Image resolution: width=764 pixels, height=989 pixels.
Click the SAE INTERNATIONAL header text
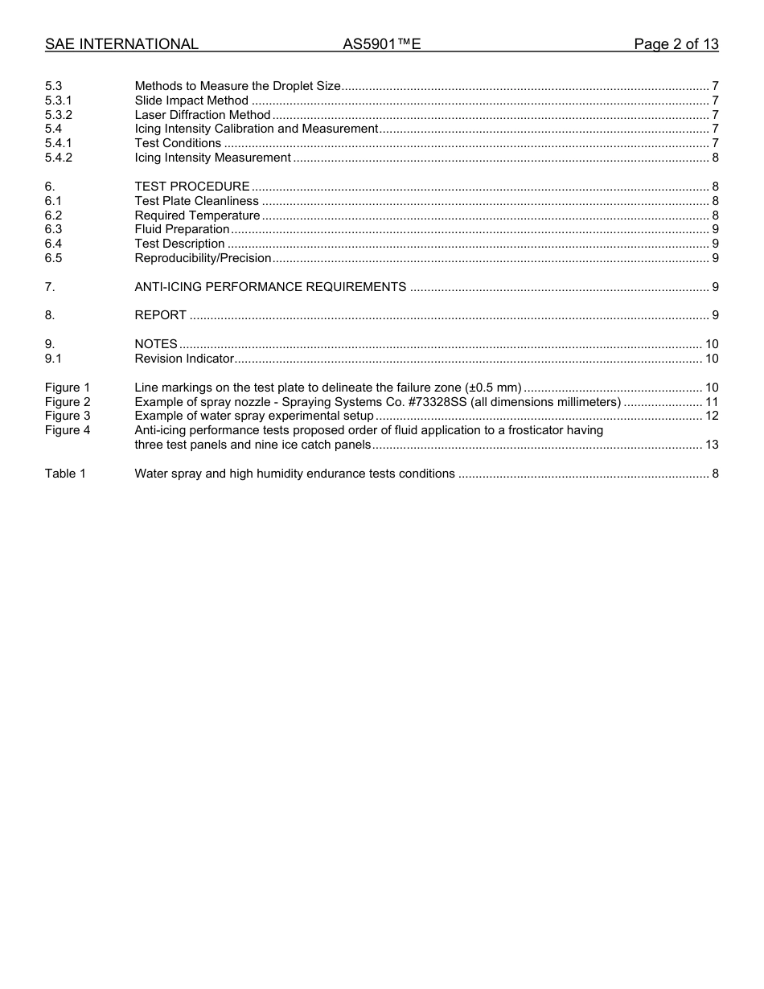121,44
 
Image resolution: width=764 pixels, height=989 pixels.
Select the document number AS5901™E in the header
382,44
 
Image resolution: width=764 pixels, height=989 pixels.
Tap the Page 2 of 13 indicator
676,44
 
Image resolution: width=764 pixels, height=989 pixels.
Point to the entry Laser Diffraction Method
203,115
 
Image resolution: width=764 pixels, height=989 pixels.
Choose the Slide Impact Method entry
191,101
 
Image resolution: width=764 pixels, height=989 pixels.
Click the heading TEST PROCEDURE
192,187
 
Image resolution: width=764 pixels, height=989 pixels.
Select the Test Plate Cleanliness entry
197,201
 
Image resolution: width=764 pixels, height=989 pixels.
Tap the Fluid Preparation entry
183,229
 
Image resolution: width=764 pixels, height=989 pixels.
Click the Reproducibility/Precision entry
203,258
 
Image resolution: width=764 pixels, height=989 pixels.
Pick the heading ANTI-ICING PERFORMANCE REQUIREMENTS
270,287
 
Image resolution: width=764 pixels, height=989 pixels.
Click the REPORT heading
161,315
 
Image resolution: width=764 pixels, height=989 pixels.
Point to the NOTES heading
156,344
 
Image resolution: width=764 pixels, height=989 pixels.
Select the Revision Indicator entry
184,359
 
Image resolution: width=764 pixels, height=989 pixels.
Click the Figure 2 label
68,402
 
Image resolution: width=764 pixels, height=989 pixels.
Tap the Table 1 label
65,474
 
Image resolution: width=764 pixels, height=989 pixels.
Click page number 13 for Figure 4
711,445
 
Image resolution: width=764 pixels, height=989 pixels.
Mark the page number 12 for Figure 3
711,416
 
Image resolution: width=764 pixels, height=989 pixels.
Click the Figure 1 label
68,388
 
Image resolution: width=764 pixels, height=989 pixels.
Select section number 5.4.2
59,158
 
